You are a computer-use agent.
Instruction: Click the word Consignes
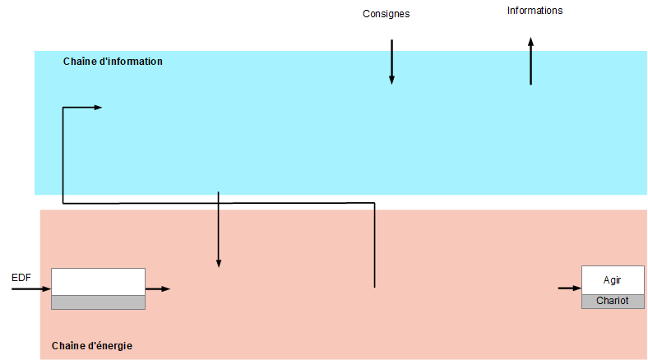point(386,14)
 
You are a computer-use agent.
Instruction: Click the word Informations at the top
point(535,11)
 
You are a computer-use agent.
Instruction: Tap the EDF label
point(21,278)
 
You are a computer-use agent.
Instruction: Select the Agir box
point(613,280)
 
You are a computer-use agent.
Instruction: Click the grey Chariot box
point(613,301)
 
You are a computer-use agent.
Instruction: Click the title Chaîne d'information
point(113,62)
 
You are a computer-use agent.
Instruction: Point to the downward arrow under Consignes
point(391,62)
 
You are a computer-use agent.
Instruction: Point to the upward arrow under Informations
point(530,62)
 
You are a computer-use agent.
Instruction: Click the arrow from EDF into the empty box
point(31,289)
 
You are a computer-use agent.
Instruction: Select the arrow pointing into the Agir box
point(569,288)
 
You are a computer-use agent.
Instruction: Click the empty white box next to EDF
point(98,281)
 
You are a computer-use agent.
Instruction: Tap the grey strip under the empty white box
point(98,302)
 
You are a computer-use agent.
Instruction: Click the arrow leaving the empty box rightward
point(157,289)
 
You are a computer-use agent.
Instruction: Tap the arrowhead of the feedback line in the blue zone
point(97,108)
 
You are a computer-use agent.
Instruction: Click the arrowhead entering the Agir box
point(576,288)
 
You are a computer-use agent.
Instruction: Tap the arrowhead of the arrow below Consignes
point(391,80)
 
